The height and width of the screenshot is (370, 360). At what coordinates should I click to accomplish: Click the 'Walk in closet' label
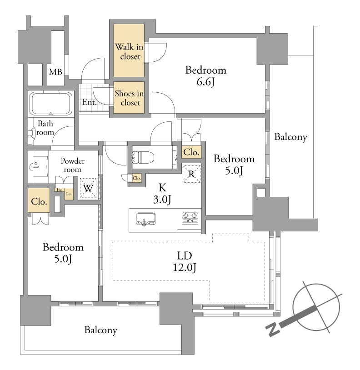point(129,52)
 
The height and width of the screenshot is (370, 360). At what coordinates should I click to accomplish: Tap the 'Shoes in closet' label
point(129,98)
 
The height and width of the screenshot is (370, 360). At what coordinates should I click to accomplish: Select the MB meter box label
point(55,72)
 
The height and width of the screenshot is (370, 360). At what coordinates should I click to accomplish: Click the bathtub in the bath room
point(51,104)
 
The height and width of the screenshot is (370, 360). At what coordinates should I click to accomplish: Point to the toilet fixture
point(143,157)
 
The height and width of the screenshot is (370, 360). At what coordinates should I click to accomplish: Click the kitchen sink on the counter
point(146,219)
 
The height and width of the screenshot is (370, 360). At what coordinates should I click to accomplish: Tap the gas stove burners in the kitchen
point(190,218)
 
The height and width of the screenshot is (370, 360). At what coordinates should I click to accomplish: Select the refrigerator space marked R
point(191,174)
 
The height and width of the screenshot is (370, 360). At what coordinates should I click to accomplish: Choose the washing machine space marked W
point(88,188)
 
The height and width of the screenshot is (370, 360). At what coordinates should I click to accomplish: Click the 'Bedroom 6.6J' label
point(206,76)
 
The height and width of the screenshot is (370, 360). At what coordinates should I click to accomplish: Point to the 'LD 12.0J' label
point(185,261)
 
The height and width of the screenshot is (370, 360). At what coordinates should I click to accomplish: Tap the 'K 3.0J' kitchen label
point(162,194)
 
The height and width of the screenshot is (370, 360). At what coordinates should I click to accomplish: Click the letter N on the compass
point(273,329)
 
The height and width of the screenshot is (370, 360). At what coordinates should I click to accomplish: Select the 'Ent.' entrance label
point(90,102)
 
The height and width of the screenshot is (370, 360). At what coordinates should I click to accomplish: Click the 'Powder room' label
point(72,165)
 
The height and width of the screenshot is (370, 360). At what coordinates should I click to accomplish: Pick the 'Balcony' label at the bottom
point(101,330)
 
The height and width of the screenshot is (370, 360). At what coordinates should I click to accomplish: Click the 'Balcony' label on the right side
point(291,137)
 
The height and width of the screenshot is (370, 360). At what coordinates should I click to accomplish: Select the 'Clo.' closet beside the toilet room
point(191,152)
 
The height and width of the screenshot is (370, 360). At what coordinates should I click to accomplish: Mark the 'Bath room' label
point(45,128)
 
